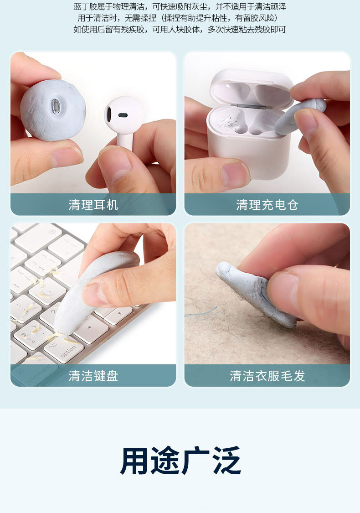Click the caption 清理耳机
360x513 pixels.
tap(93, 205)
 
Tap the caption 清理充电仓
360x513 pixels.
tap(267, 205)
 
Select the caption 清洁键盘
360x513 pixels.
tap(93, 376)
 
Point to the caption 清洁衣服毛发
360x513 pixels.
tap(267, 376)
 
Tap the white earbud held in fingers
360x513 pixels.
tap(124, 121)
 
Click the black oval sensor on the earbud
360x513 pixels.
tap(123, 115)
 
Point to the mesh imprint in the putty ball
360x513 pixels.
tap(56, 105)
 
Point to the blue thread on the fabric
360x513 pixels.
tap(201, 312)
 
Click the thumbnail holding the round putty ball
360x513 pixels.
tap(66, 156)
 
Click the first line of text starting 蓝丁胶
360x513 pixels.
tap(180, 6)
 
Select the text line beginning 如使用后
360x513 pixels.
tap(180, 30)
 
